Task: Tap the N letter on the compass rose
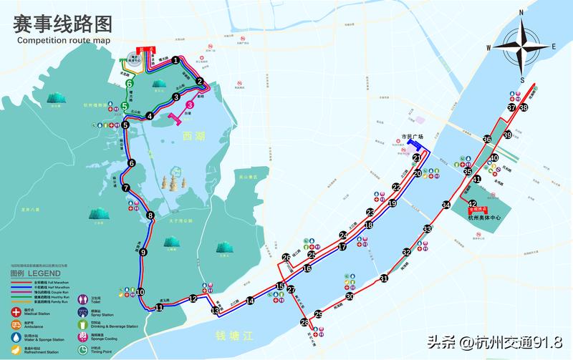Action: [522, 12]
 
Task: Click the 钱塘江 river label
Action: [235, 335]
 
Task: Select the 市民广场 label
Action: [412, 137]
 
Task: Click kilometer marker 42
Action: [472, 204]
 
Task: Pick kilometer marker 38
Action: [524, 108]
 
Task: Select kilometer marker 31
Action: [384, 279]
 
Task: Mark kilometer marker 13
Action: [216, 311]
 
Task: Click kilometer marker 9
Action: [143, 252]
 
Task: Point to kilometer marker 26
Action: [286, 258]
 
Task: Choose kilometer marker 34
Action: [446, 205]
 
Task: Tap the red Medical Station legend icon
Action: [16, 311]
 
